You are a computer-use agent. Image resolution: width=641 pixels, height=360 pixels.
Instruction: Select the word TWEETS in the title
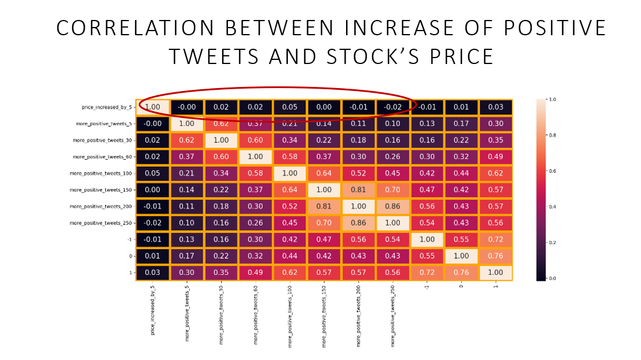[211, 56]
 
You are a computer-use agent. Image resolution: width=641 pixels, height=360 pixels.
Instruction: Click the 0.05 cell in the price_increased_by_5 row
[290, 107]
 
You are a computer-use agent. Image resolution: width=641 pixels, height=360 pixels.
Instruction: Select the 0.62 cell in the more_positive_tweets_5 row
[221, 123]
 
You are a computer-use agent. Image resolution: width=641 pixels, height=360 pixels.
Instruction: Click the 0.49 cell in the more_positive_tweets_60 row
[495, 157]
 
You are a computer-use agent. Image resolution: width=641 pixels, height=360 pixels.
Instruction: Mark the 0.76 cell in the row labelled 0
[495, 256]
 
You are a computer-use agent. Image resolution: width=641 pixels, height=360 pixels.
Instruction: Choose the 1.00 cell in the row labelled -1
[427, 240]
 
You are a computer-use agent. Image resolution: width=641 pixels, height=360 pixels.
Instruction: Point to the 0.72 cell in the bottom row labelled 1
[427, 273]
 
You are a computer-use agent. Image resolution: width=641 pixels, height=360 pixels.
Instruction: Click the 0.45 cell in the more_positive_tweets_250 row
[290, 223]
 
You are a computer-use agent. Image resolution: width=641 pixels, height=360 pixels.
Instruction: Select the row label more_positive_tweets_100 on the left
[101, 173]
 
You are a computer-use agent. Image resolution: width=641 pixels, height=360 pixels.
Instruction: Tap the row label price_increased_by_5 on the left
[108, 107]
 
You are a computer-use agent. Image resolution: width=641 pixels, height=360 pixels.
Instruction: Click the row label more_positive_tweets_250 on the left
[101, 223]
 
